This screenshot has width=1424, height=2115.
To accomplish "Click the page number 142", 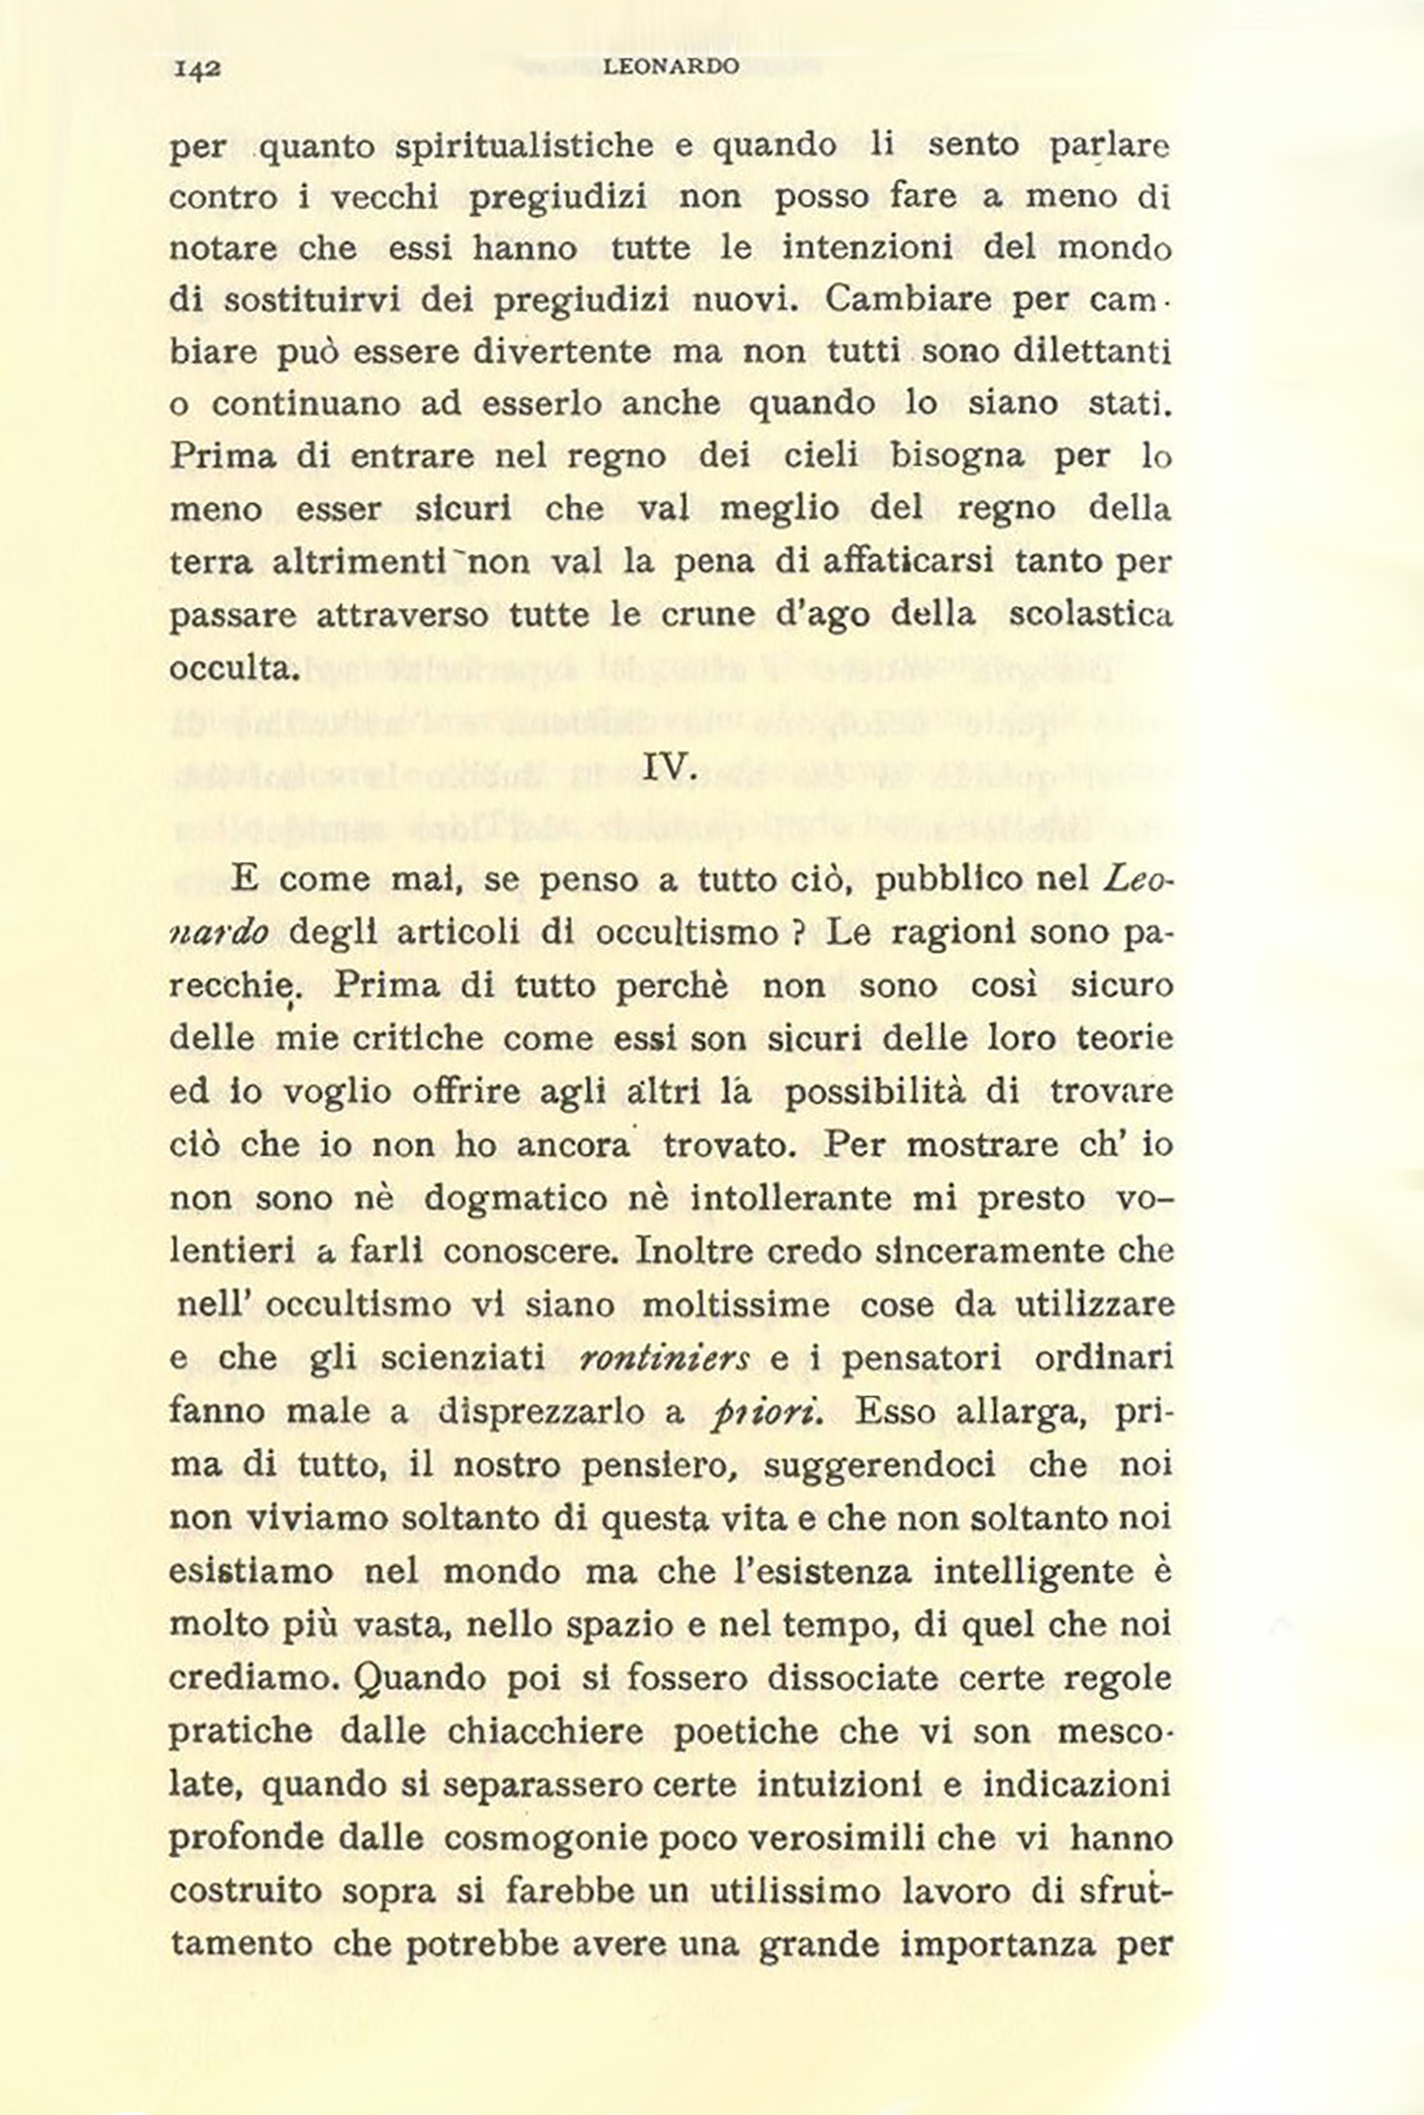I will coord(197,68).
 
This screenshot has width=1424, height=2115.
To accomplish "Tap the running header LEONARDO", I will coord(670,66).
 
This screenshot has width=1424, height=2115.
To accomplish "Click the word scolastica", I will coord(1091,615).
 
